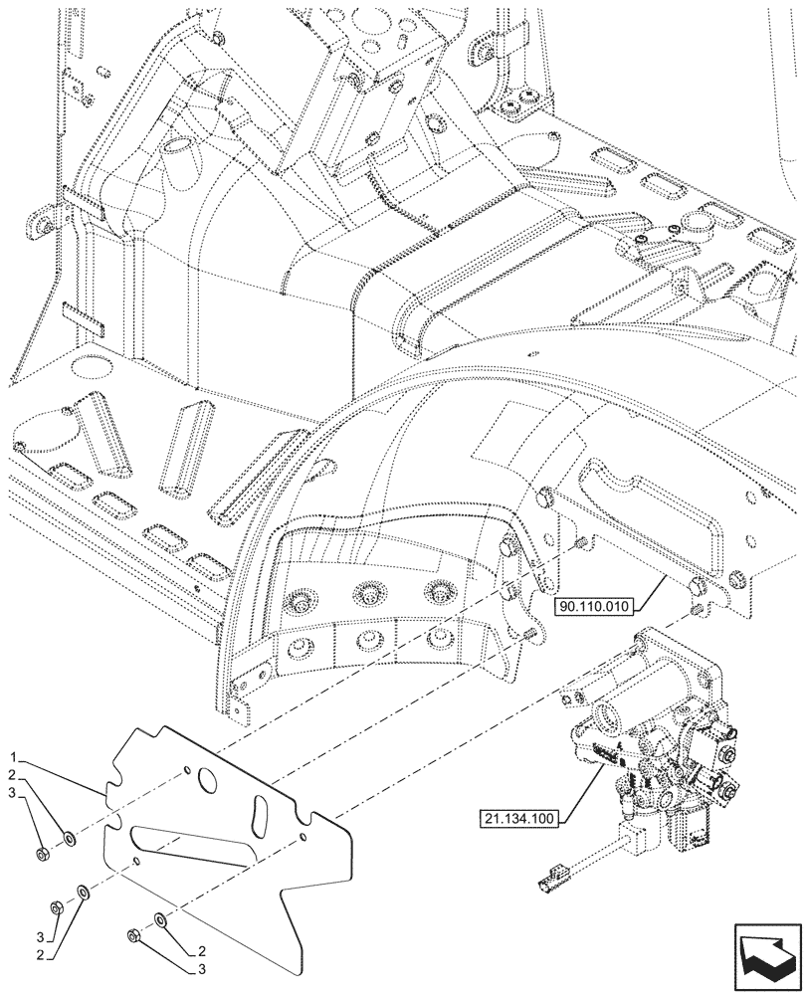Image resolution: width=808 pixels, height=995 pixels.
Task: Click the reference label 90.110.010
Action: pos(594,604)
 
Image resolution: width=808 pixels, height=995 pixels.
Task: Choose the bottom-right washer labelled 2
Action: pos(159,920)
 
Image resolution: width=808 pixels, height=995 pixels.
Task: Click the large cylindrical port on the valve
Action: pos(616,712)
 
